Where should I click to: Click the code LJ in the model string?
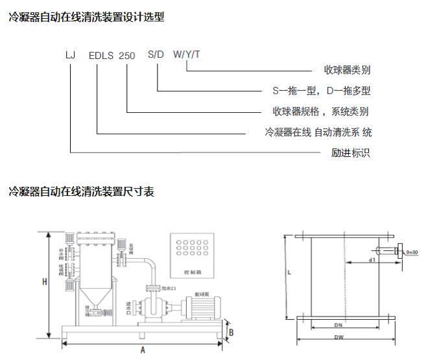tap(71, 55)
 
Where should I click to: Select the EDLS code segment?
tap(101, 56)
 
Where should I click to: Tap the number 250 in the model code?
tap(127, 56)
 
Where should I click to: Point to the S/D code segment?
tap(156, 54)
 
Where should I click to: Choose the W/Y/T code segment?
tap(186, 54)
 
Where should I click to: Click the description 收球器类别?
tap(347, 70)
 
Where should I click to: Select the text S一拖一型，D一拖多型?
tap(321, 91)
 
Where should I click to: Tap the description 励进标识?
tap(350, 153)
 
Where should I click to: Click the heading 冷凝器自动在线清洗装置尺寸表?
tap(81, 191)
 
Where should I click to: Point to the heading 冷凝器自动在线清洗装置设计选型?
tap(86, 18)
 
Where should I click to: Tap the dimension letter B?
tap(231, 332)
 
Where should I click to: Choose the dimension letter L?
tap(289, 273)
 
